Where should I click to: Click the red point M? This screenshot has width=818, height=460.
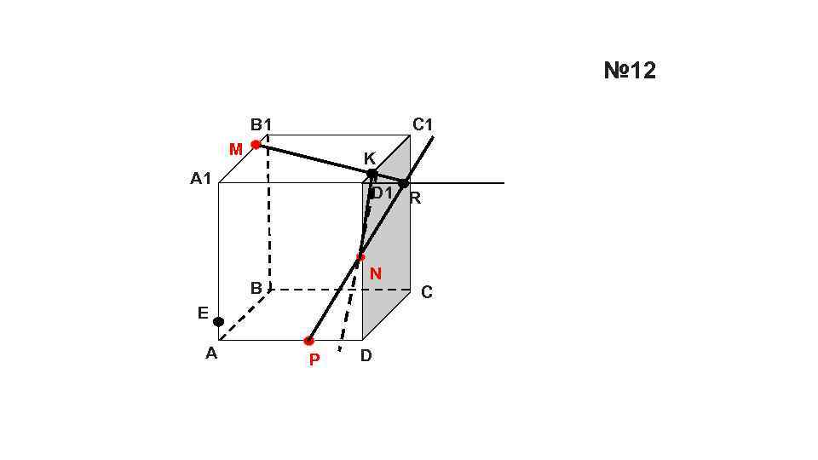(256, 145)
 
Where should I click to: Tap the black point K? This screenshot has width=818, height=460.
(372, 174)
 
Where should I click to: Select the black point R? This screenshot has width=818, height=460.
(404, 183)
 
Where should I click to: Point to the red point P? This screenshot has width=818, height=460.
(308, 341)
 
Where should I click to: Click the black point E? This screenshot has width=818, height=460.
(219, 321)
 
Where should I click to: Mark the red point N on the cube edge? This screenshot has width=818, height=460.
(360, 256)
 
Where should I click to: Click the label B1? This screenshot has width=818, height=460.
(261, 125)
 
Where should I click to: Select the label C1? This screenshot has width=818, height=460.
(423, 125)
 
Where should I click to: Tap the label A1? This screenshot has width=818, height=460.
(201, 180)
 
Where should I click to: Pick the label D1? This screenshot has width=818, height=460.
(383, 193)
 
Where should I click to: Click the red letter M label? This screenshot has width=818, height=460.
(236, 150)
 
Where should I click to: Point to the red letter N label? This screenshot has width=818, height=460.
(376, 274)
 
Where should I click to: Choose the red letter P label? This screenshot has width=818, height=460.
(314, 360)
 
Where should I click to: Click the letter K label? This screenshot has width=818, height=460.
(370, 159)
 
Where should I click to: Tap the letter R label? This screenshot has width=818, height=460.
(416, 199)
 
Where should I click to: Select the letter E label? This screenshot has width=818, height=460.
(203, 313)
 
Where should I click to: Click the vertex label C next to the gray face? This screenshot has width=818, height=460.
(427, 292)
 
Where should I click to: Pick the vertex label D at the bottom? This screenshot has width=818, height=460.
(366, 356)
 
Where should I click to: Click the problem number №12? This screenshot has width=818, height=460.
(630, 71)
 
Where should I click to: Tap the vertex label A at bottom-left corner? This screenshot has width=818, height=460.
(211, 354)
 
